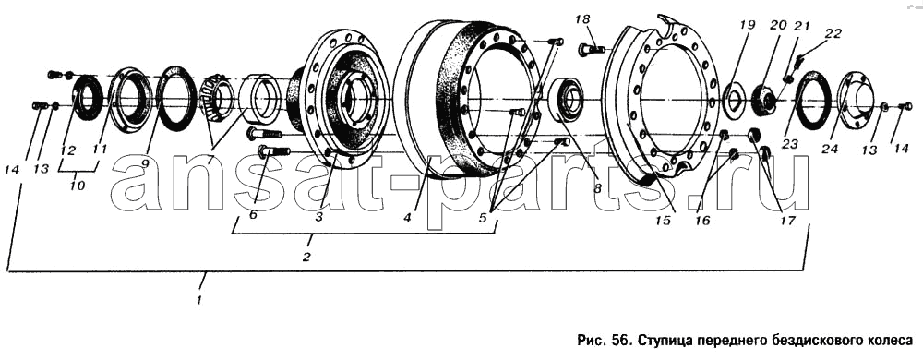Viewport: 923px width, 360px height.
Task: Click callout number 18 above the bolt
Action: [582, 20]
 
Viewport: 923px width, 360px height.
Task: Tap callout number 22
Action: [833, 33]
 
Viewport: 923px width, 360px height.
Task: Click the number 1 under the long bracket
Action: [201, 299]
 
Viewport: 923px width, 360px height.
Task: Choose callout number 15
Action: [664, 221]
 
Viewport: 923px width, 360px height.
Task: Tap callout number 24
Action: [830, 150]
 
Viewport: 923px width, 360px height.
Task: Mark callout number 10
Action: [77, 186]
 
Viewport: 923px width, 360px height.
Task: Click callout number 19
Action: [747, 25]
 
